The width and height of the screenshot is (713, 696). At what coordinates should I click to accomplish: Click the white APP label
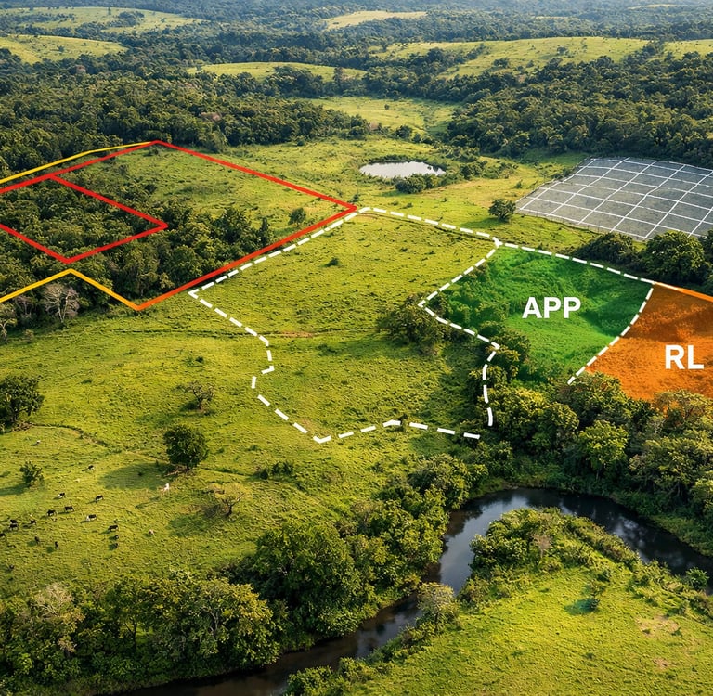[551, 307]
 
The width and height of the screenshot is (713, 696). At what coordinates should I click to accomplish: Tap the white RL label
[683, 357]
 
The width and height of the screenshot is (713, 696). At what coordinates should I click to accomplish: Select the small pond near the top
[400, 169]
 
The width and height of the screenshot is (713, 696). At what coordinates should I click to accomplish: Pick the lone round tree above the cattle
[186, 445]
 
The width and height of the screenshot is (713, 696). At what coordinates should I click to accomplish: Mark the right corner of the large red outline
[356, 207]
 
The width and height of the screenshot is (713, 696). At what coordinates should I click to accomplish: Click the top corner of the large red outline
[156, 142]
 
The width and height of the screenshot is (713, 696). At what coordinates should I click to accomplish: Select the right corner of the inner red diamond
[166, 225]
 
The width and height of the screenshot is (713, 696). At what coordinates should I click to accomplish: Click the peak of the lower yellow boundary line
[70, 271]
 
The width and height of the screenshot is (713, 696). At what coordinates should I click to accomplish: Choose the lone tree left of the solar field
[502, 209]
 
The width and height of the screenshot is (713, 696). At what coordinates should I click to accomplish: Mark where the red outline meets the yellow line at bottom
[137, 308]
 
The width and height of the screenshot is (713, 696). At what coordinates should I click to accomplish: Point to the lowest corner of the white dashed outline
[320, 439]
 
